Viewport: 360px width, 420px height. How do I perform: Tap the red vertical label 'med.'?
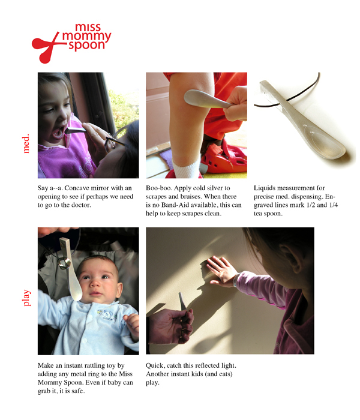26,144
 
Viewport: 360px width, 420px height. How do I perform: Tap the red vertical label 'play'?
26,298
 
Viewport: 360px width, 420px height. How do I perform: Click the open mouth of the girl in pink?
58,133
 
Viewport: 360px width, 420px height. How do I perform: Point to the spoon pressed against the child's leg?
207,99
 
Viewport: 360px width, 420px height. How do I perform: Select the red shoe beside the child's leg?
224,157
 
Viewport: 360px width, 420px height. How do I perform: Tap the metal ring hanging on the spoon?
64,263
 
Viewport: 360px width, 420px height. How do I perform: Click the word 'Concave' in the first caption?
76,188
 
